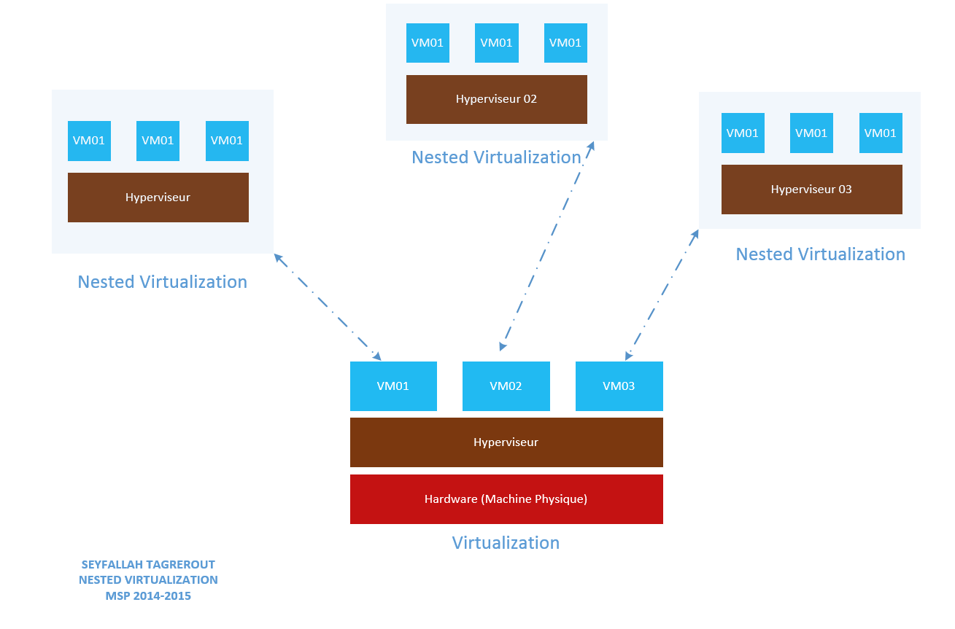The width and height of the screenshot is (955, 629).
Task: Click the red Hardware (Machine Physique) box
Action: (x=506, y=499)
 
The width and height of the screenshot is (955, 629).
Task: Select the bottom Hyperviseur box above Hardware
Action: (x=506, y=442)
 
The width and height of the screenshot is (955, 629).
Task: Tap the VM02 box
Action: (x=506, y=386)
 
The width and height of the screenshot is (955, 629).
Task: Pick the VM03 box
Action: (x=619, y=386)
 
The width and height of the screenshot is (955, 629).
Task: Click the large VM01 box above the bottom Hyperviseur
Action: (x=393, y=386)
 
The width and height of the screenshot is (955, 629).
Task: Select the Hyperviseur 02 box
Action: (x=496, y=99)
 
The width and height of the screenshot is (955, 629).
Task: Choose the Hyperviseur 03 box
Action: (x=811, y=190)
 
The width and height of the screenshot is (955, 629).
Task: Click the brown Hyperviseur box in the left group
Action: (x=158, y=198)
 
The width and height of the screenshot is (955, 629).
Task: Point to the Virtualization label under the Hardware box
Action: (x=506, y=543)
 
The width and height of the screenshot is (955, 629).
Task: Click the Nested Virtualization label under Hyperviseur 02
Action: (x=496, y=157)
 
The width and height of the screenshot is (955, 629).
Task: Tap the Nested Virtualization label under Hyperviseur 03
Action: (x=820, y=254)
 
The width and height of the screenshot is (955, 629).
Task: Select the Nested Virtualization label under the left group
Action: (x=162, y=282)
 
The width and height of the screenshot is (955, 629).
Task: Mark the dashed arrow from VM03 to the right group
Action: (x=662, y=294)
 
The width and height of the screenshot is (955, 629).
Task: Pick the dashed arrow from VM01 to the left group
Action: (x=327, y=306)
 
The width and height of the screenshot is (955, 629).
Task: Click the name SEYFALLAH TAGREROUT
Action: (x=148, y=565)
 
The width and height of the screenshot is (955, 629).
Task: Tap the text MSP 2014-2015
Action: (x=148, y=596)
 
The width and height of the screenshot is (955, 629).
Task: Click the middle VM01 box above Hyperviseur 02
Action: (x=496, y=42)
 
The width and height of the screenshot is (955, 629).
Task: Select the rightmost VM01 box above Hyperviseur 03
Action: (x=880, y=133)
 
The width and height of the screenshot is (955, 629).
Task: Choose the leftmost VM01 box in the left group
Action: (x=89, y=141)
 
